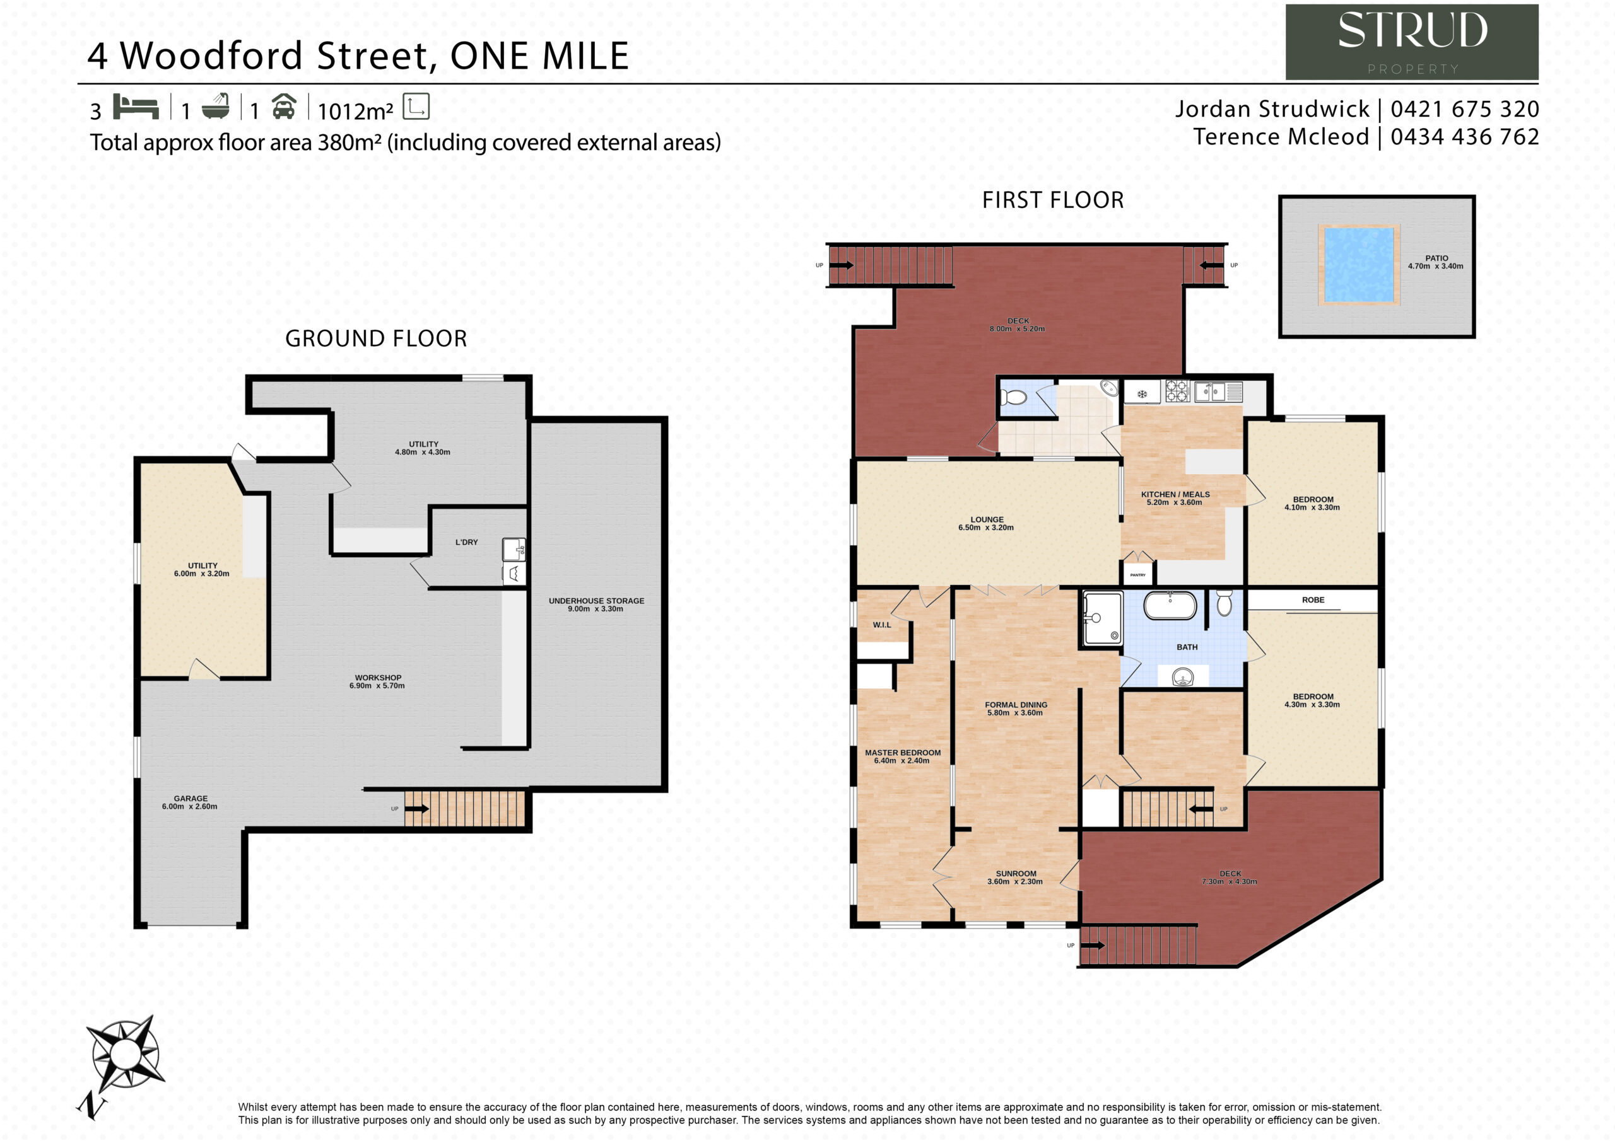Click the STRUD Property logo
(x=1411, y=42)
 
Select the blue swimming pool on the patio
(x=1358, y=265)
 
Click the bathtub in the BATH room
(x=1170, y=605)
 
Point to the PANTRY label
(x=1137, y=574)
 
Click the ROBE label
(x=1313, y=599)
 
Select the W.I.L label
(x=881, y=624)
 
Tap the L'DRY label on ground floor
(x=466, y=542)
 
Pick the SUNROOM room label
(x=1016, y=873)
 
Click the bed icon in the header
(x=136, y=107)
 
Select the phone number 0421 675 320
(x=1464, y=109)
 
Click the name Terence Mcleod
(x=1281, y=136)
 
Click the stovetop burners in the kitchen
(x=1177, y=390)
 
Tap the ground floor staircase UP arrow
(x=416, y=809)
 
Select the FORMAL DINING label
(x=1015, y=704)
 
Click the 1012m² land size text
(x=355, y=111)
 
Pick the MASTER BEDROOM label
(x=903, y=752)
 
